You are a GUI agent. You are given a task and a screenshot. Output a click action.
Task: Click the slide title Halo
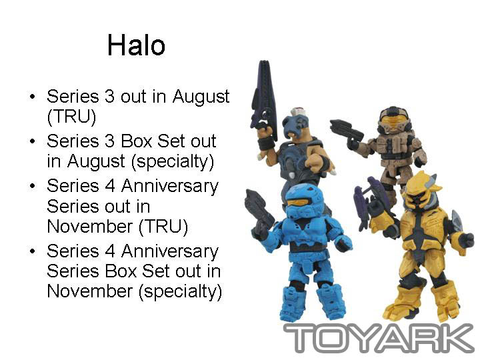(136, 45)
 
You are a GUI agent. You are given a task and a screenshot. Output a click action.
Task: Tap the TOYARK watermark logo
(379, 338)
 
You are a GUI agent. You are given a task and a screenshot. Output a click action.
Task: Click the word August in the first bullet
(201, 97)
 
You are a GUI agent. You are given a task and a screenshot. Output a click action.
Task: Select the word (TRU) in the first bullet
(71, 116)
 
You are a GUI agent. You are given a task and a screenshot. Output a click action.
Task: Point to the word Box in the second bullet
(136, 141)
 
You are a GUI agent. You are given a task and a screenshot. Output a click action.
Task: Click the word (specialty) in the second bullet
(173, 161)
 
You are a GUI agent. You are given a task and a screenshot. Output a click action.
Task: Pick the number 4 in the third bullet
(110, 186)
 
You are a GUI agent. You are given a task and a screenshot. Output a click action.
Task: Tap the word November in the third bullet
(90, 227)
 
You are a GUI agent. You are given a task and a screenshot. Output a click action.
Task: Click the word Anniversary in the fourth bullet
(170, 251)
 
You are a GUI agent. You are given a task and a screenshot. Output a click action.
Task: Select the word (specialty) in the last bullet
(180, 291)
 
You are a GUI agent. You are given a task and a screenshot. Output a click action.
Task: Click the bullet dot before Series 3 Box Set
(32, 141)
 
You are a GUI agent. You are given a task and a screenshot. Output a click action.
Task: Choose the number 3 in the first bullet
(109, 97)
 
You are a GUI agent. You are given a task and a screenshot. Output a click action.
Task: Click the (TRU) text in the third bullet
(163, 227)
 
